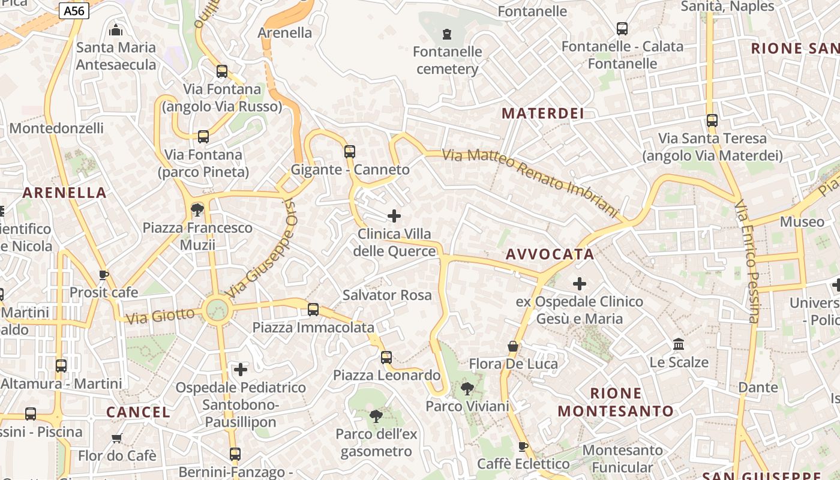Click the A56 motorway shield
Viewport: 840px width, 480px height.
pos(75,11)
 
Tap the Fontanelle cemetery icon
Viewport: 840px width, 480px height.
pos(446,34)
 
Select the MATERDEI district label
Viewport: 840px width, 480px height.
pos(542,113)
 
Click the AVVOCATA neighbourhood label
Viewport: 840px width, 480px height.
pos(550,254)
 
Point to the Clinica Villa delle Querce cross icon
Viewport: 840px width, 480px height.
pos(394,215)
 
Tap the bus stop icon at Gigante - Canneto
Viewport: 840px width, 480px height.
pos(350,151)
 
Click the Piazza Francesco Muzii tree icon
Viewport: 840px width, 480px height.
pos(197,209)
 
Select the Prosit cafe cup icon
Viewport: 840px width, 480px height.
pos(104,275)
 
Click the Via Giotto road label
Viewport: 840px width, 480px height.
pos(161,315)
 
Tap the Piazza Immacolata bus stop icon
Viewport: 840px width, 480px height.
pos(313,310)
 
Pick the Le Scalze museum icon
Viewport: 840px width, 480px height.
pos(679,344)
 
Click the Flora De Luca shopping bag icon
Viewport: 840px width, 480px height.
pos(513,346)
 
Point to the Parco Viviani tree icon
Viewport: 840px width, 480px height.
pos(467,389)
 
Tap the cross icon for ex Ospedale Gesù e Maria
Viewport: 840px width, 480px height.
pos(580,283)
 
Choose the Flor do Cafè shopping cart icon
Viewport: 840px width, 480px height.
pos(117,438)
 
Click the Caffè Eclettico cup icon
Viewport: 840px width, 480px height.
pos(523,446)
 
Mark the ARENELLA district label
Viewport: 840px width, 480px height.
pos(64,193)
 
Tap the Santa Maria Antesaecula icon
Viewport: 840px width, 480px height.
pos(116,29)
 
